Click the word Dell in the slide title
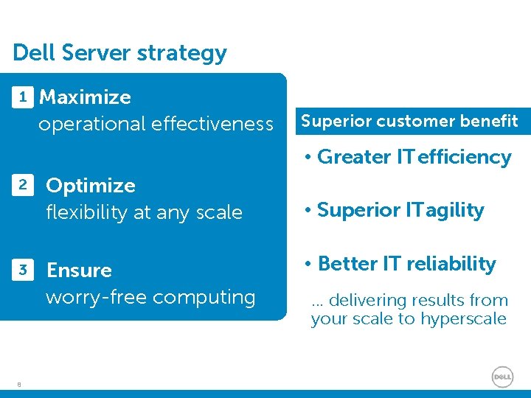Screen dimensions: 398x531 pos(34,53)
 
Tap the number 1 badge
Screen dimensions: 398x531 pos(24,97)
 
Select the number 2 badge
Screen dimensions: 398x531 pos(24,185)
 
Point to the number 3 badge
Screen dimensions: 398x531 pos(24,270)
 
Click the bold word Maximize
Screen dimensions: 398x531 pos(85,97)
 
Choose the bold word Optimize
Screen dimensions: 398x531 pos(91,186)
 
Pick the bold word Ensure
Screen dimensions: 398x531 pos(79,270)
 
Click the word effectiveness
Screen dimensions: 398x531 pos(213,124)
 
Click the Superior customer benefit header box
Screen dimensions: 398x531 pos(409,121)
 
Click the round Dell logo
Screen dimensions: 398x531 pos(502,377)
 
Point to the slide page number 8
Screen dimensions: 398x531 pos(19,383)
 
